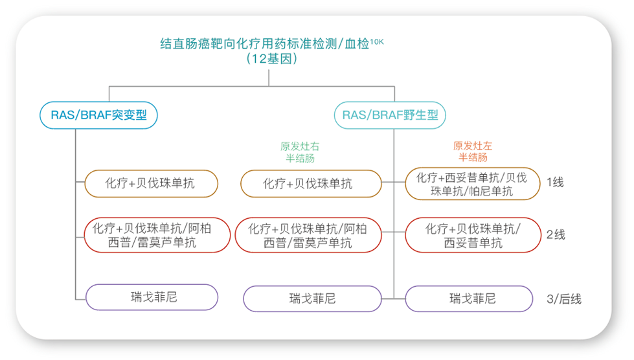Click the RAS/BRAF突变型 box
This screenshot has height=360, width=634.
tap(98, 115)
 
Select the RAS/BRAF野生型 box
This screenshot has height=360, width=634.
tap(390, 115)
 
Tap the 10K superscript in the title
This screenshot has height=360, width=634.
tap(377, 41)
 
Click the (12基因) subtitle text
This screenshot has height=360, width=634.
tap(272, 59)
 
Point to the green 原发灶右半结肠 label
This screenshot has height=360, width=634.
tap(300, 152)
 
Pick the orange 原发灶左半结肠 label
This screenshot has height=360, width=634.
tap(473, 152)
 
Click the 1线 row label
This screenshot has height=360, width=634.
tap(555, 183)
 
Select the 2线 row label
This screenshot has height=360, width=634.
tap(556, 235)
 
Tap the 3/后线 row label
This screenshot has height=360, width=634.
tap(563, 299)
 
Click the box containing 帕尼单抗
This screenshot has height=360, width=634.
tap(473, 184)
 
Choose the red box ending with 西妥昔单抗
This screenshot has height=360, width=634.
tap(473, 235)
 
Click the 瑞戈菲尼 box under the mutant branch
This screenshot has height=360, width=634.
tap(152, 297)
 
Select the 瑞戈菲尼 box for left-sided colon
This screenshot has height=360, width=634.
tap(469, 299)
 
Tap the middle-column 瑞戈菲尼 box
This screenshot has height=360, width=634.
tap(313, 299)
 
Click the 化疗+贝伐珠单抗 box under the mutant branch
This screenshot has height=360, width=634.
tap(152, 183)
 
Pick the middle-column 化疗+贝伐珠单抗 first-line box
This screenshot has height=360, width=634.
tap(311, 184)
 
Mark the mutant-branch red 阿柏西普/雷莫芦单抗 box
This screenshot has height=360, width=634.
tap(157, 235)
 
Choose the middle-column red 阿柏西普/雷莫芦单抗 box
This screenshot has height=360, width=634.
tap(308, 235)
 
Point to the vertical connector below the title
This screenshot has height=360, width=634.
tap(269, 78)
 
